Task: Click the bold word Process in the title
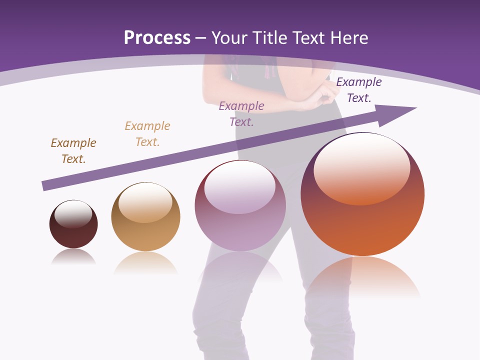tap(157, 38)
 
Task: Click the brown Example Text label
tap(73, 151)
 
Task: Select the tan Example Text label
tap(147, 134)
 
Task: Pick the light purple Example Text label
tap(241, 114)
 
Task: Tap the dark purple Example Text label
tap(358, 90)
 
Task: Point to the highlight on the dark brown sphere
tap(73, 214)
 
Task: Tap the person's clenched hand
tap(327, 92)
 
